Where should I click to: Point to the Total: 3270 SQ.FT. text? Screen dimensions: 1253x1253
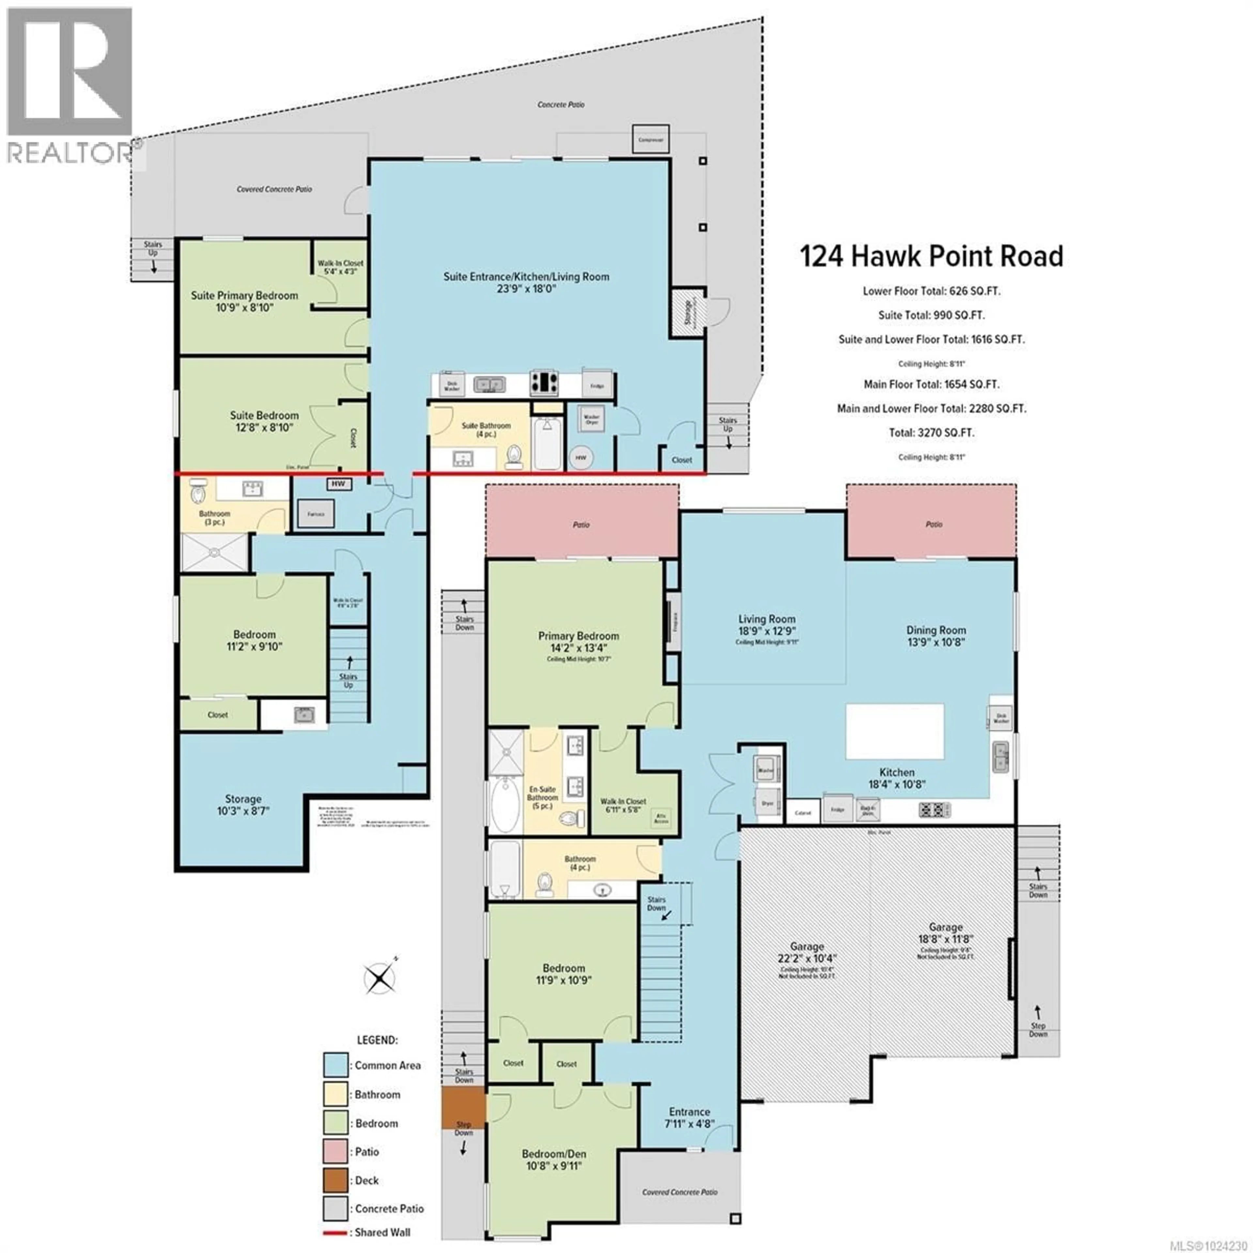[931, 433]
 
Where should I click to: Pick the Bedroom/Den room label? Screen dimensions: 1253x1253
[554, 1154]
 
